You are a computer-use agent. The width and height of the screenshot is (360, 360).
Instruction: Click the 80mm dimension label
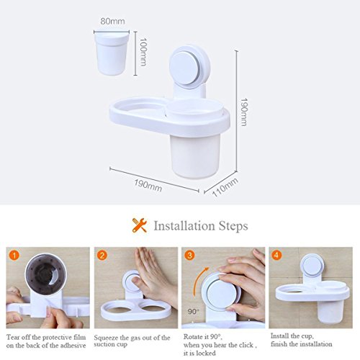point(112,21)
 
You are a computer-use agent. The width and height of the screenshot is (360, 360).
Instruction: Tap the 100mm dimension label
point(143,52)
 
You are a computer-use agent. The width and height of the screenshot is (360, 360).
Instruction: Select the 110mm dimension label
point(225,187)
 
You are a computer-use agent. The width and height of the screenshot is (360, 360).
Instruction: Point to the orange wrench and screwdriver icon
point(139,225)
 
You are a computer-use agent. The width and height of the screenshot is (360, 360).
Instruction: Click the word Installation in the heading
point(184,226)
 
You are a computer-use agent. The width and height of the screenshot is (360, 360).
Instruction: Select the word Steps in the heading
point(233,226)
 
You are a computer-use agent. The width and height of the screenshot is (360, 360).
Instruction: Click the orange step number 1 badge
point(14,255)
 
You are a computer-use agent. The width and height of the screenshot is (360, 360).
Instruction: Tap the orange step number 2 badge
point(102,255)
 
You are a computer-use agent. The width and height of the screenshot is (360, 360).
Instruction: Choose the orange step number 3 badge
point(189,255)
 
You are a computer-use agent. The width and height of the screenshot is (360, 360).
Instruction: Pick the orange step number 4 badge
point(276,255)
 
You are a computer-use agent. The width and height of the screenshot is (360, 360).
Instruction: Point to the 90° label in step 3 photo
point(193,312)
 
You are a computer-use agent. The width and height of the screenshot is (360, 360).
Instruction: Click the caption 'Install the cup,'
point(292,336)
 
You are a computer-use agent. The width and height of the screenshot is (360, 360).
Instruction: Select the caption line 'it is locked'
point(199,353)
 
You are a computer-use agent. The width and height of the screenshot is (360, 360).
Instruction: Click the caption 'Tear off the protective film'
point(46,337)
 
